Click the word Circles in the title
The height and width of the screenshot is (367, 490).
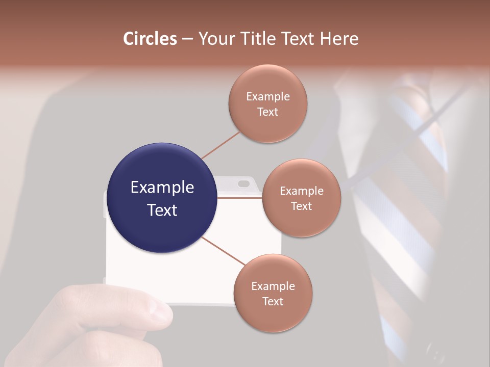point(150,39)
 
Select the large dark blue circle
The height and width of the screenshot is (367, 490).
point(162,198)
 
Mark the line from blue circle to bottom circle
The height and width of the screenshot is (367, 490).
point(224,251)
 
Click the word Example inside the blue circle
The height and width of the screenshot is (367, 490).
point(162,188)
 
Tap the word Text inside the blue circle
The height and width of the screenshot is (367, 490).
point(162,210)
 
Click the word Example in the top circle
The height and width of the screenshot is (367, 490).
point(268,97)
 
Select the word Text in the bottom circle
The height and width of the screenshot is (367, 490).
point(273,302)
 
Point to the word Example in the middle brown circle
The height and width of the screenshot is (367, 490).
point(301,191)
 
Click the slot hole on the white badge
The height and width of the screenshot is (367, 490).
point(243,182)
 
